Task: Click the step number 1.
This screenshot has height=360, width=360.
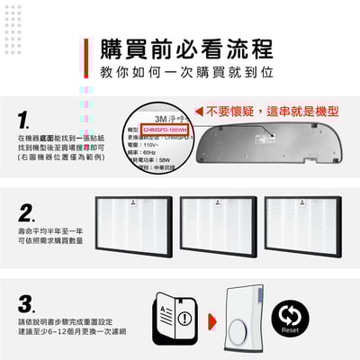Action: (25, 120)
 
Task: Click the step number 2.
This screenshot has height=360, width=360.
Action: (27, 213)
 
